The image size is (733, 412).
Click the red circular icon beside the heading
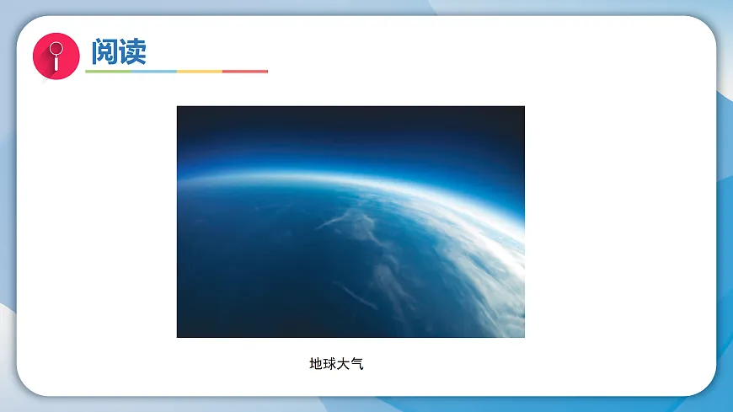56,55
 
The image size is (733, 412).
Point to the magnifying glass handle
56,63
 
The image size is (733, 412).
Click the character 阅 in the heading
104,51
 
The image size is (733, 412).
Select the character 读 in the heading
132,51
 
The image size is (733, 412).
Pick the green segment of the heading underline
108,72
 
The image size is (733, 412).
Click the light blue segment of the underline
153,72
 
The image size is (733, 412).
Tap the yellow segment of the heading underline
200,72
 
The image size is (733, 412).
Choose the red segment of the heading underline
245,72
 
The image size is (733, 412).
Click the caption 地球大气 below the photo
336,364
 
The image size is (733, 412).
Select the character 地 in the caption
316,364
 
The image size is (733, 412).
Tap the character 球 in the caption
329,364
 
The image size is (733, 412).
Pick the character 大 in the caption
343,364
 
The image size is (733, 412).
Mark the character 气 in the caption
356,364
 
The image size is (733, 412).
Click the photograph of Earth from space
350,222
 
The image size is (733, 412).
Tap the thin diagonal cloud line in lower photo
357,295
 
